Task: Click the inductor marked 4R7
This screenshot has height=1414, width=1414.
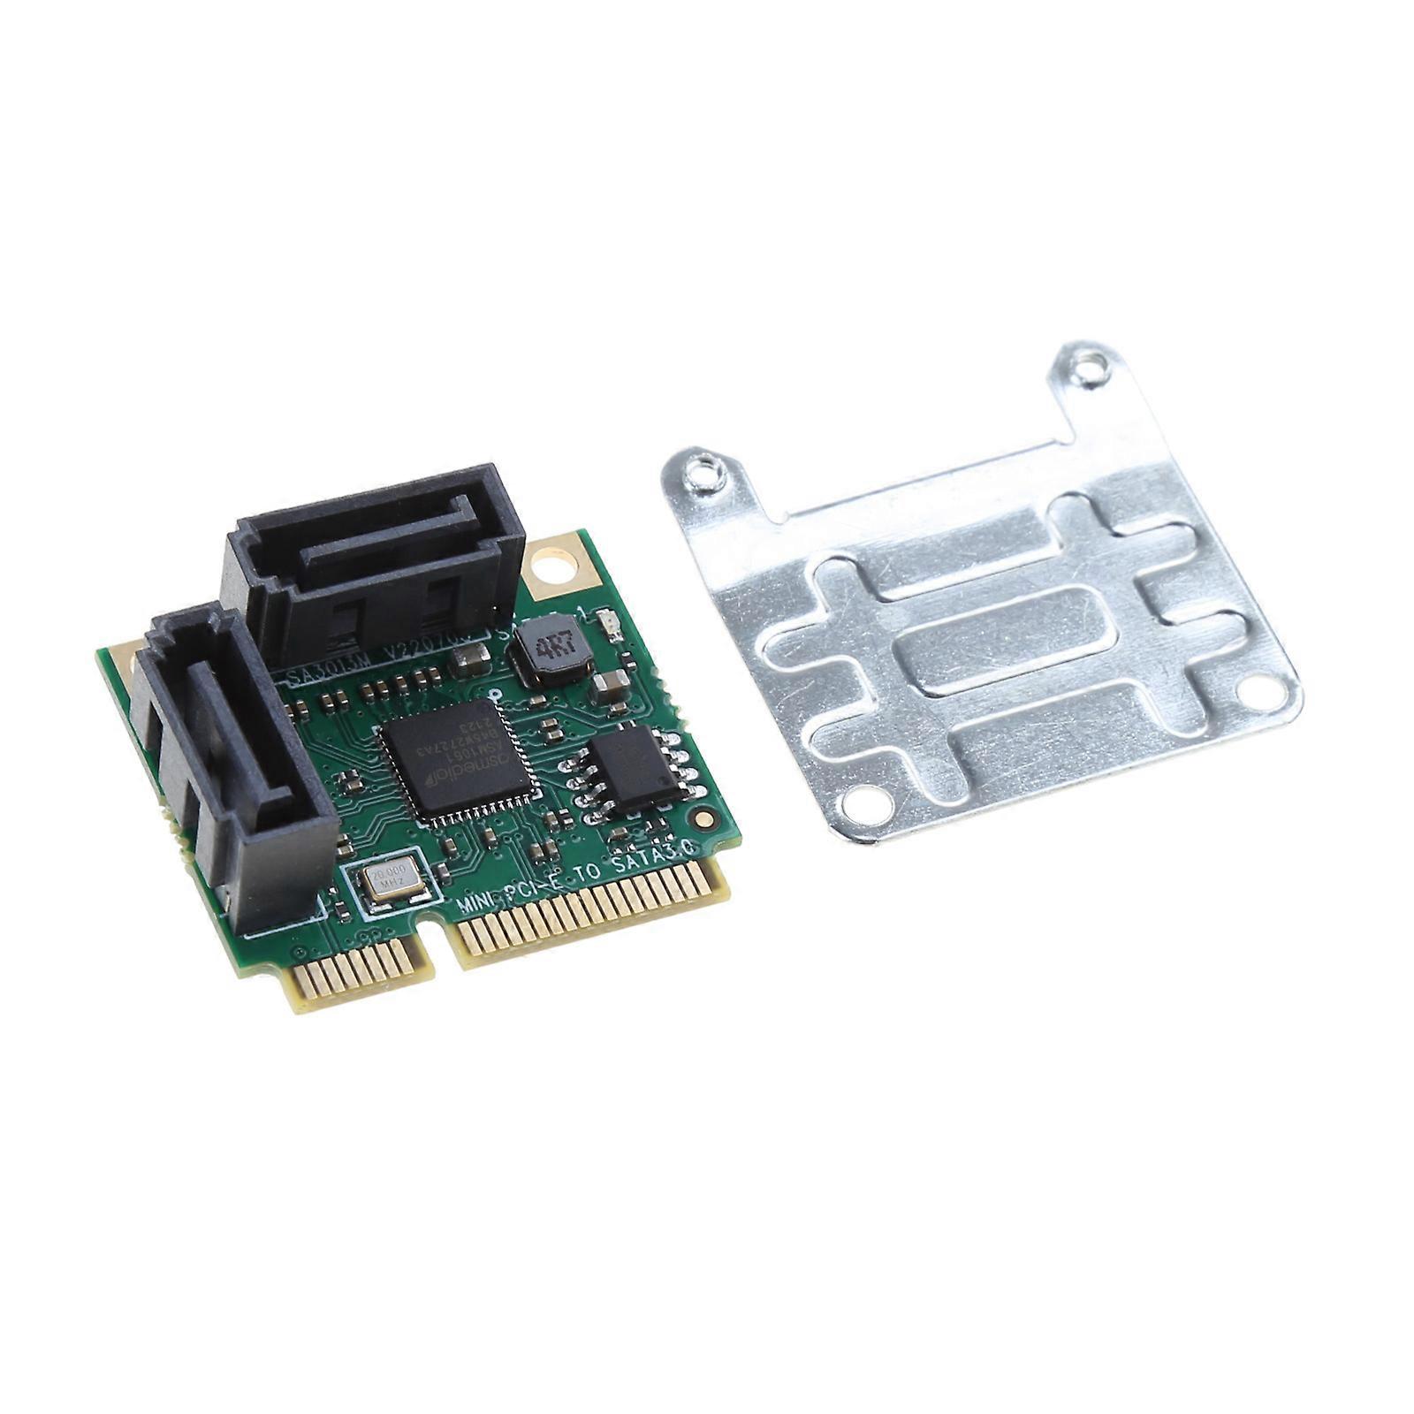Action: click(550, 650)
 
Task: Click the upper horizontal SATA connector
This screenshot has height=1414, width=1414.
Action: click(376, 560)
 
